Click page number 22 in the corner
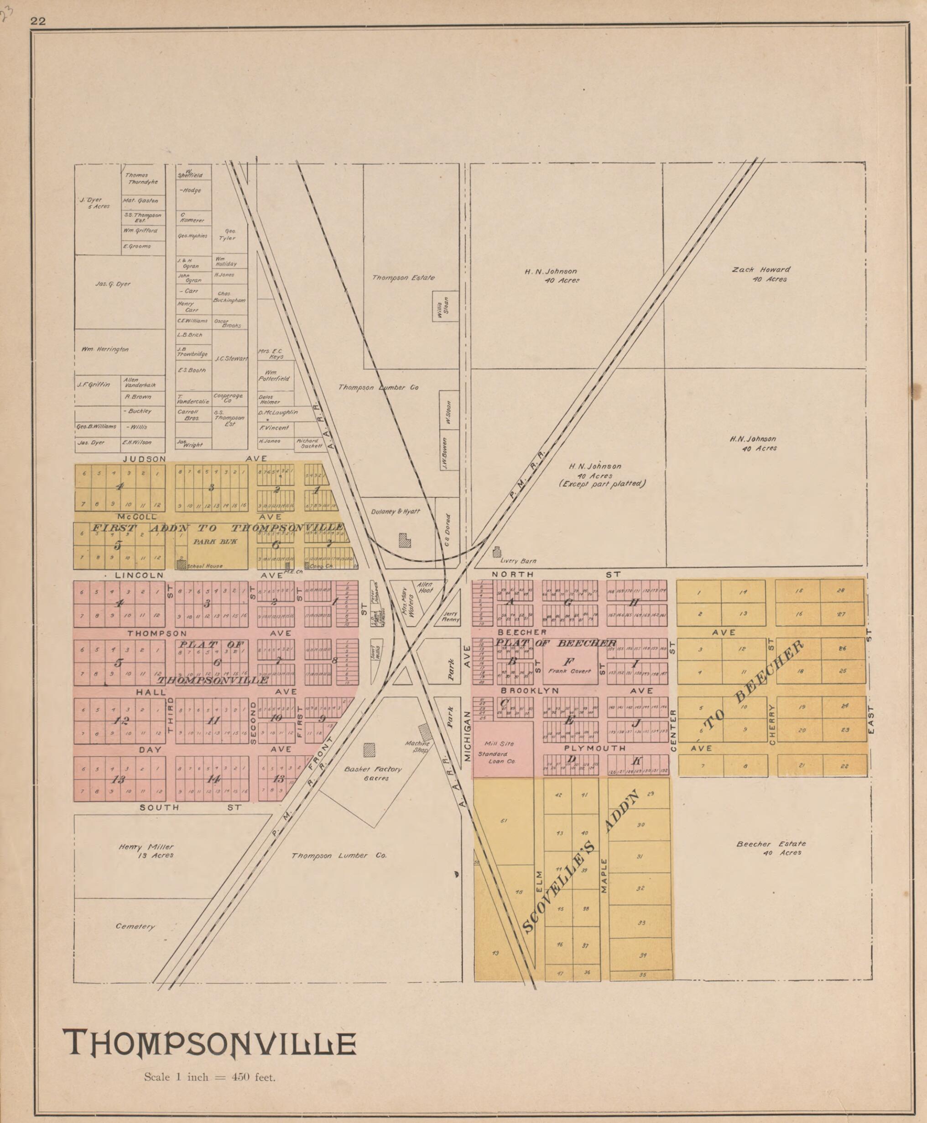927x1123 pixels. click(x=38, y=21)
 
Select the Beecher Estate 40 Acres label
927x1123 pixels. click(x=771, y=848)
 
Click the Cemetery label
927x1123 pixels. click(x=135, y=926)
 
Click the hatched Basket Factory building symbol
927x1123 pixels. click(x=369, y=749)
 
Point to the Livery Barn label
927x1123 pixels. click(x=518, y=561)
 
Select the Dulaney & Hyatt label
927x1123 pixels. click(x=396, y=511)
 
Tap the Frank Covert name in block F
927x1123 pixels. click(x=570, y=671)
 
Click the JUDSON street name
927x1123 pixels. click(x=144, y=459)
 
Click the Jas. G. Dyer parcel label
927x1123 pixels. click(x=113, y=284)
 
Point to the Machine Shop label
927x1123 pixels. click(x=417, y=746)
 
